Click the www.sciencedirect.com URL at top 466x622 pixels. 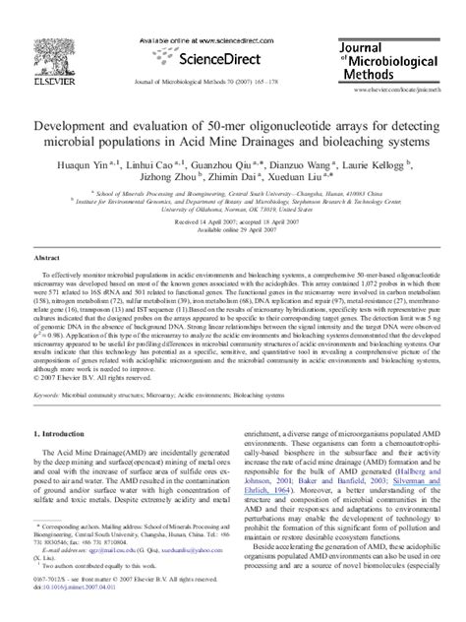pos(205,11)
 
